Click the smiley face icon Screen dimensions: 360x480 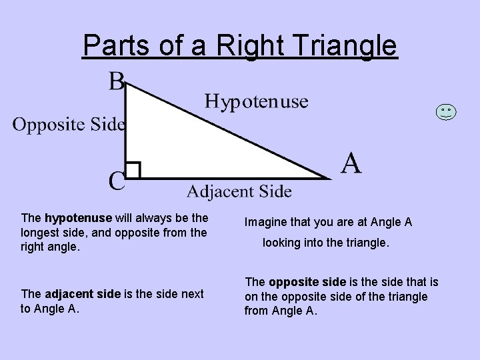pos(447,112)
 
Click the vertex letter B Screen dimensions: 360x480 pos(116,83)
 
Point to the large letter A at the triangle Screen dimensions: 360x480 pos(351,163)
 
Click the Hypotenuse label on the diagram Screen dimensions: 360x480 pos(256,101)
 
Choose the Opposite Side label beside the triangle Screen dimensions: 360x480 pos(69,123)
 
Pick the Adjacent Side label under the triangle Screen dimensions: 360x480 pos(238,192)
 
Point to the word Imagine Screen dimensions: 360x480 pos(265,221)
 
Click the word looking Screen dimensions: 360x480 pos(281,243)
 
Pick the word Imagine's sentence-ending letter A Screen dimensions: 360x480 pos(408,221)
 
